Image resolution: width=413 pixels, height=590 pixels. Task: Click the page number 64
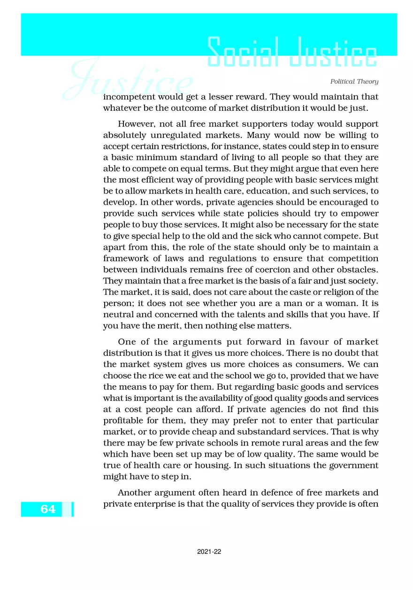point(47,509)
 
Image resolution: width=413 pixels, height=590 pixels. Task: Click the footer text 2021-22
point(209,552)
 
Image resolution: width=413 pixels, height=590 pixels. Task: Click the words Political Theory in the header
point(354,82)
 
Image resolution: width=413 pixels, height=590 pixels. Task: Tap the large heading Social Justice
point(292,53)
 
